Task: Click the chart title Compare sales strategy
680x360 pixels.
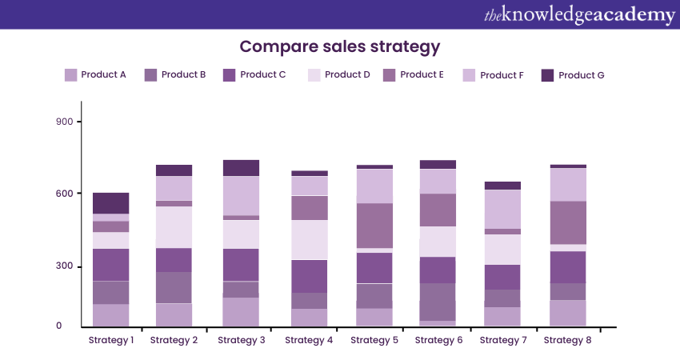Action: (340, 46)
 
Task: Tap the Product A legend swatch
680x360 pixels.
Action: (70, 75)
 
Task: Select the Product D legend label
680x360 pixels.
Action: (347, 75)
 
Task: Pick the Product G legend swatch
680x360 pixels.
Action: (548, 75)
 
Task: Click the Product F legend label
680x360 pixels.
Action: (502, 75)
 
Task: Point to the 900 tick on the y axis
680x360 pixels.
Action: (64, 122)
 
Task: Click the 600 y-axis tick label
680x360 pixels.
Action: (64, 194)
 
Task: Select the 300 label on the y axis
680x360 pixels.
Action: (64, 266)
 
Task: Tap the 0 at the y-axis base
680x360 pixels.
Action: (58, 326)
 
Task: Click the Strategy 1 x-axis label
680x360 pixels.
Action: (110, 340)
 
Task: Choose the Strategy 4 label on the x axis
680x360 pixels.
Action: (309, 340)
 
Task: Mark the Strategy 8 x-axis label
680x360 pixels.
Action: (568, 340)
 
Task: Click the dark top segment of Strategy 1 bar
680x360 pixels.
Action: (110, 203)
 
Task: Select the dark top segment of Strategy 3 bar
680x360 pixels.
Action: (241, 168)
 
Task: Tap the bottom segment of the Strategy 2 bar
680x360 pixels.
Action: (174, 315)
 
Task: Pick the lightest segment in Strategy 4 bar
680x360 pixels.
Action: (309, 240)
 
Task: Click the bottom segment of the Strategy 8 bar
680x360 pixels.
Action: (567, 313)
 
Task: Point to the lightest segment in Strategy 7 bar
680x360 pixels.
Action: (502, 250)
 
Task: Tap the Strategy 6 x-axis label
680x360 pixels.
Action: (439, 340)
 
